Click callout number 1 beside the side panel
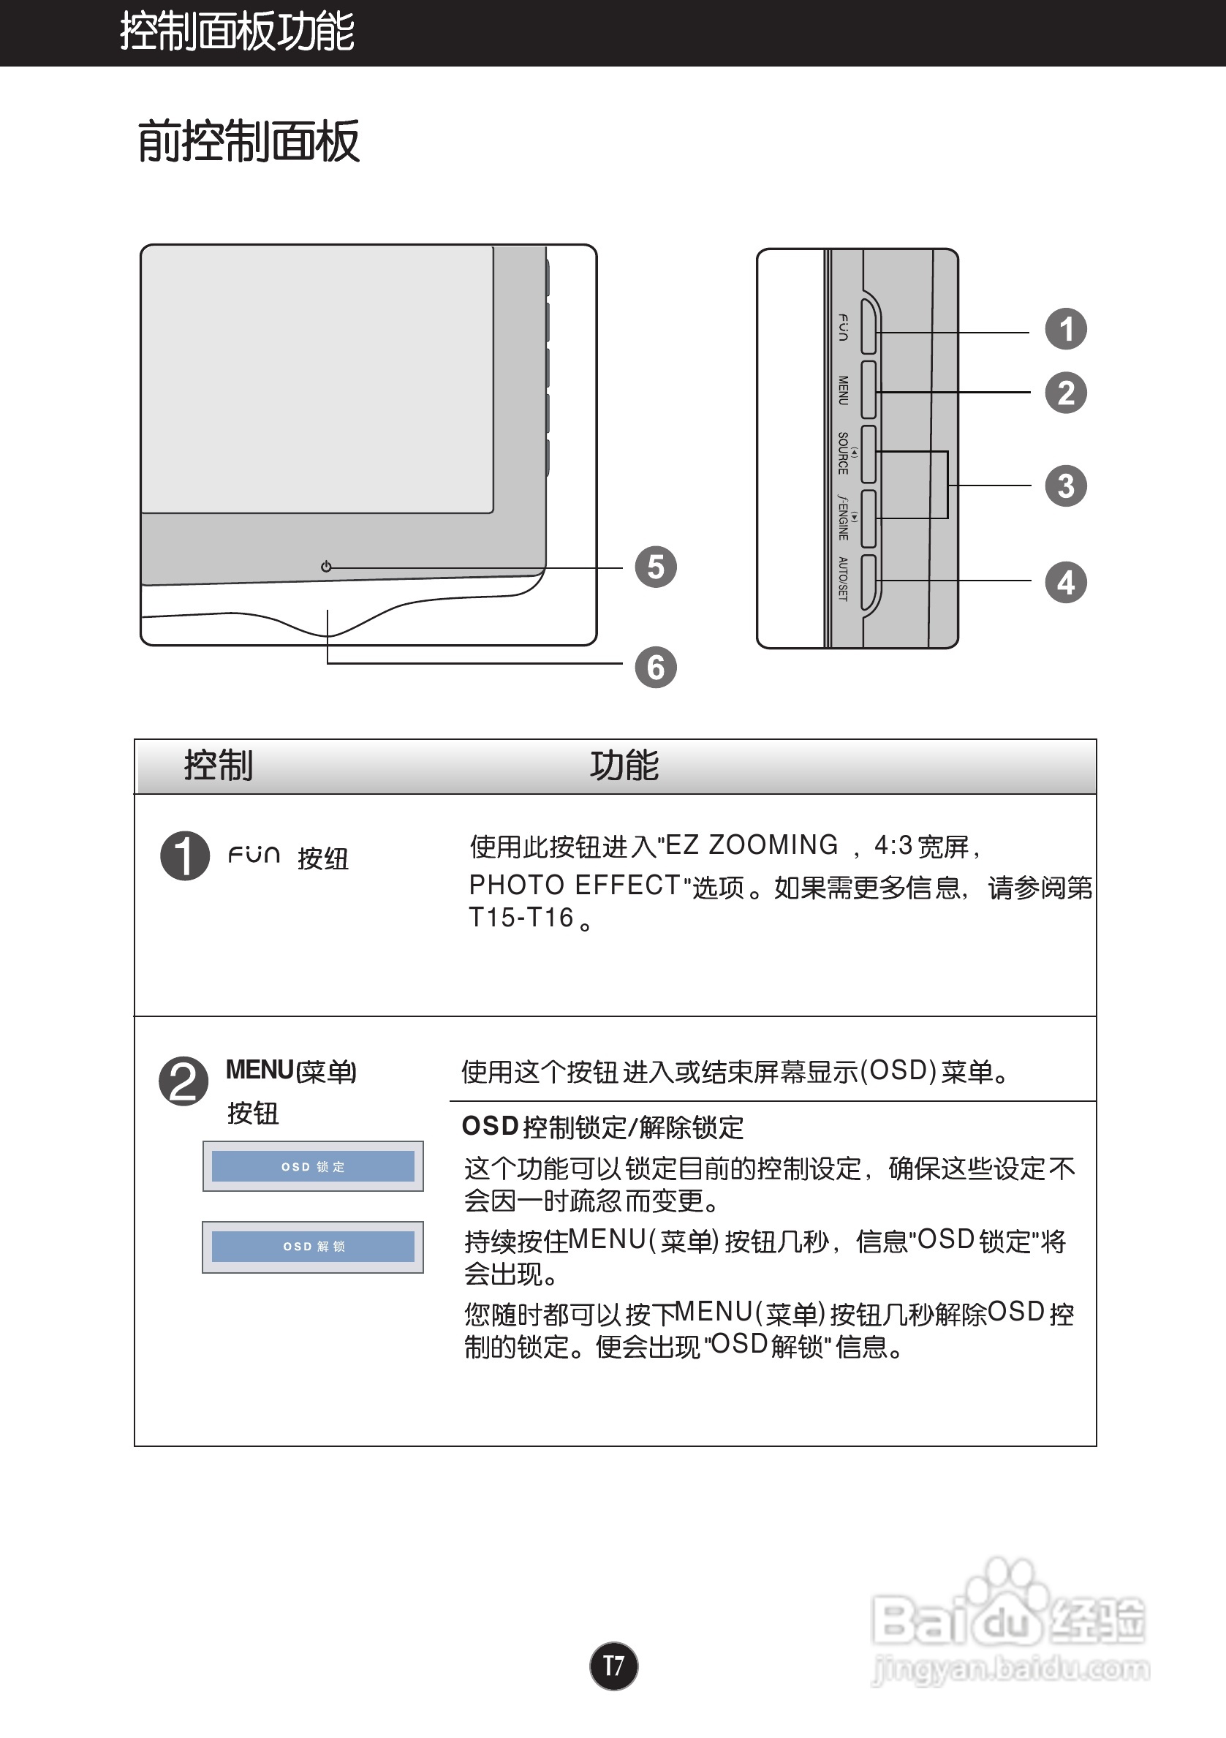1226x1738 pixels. tap(1066, 329)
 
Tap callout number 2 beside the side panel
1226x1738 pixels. tap(1066, 393)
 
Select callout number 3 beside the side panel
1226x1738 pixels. tap(1066, 486)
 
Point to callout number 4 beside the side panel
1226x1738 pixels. tap(1066, 582)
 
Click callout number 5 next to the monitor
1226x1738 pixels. tap(655, 567)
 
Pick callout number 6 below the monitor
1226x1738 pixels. tap(655, 668)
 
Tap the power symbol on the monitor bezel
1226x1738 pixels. tap(326, 566)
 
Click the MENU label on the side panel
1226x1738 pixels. tap(843, 390)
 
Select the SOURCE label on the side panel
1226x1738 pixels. tap(843, 453)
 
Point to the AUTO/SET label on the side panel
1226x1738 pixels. tap(843, 579)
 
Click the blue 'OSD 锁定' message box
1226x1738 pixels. tap(313, 1166)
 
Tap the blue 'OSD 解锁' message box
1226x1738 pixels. tap(313, 1247)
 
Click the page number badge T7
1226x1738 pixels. tap(614, 1666)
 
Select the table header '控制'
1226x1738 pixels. tap(219, 766)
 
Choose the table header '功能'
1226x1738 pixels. tap(624, 766)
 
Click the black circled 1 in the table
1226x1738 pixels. tap(185, 856)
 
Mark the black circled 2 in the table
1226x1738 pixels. tap(183, 1081)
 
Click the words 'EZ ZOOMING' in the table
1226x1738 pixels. tap(752, 845)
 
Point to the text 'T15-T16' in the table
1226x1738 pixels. tap(521, 918)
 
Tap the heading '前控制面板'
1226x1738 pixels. tap(249, 142)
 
